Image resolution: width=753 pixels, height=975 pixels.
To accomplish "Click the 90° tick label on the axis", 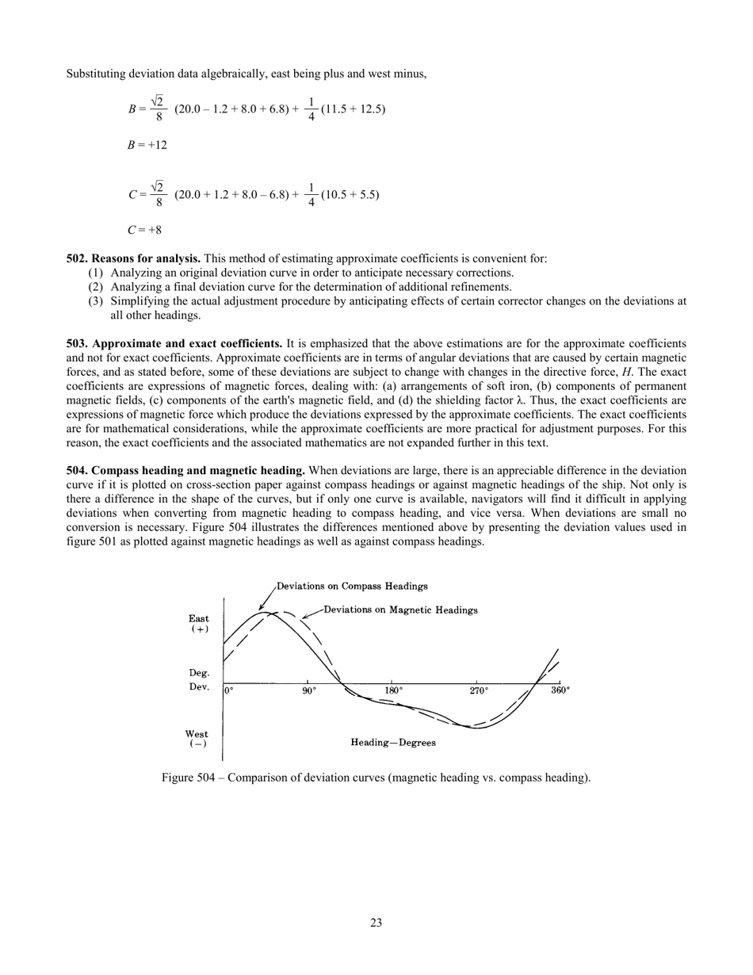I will pyautogui.click(x=309, y=690).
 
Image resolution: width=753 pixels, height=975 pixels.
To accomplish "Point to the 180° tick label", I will pyautogui.click(x=394, y=690).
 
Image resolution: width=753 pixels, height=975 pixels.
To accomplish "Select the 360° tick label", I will pyautogui.click(x=560, y=690).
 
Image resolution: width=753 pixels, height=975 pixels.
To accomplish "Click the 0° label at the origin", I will pyautogui.click(x=229, y=690).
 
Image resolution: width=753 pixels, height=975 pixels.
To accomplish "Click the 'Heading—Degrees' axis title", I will pyautogui.click(x=393, y=743).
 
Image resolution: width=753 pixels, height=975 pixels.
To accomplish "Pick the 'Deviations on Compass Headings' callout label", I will pyautogui.click(x=352, y=587).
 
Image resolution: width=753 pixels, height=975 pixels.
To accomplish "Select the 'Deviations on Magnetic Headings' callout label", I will pyautogui.click(x=400, y=610).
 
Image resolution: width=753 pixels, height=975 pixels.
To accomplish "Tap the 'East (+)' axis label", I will pyautogui.click(x=199, y=623).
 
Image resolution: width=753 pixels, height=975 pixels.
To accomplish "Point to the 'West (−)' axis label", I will pyautogui.click(x=197, y=739).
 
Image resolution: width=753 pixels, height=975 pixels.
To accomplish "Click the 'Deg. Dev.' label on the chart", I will pyautogui.click(x=199, y=679).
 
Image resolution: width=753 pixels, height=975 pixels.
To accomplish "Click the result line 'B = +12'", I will pyautogui.click(x=147, y=146).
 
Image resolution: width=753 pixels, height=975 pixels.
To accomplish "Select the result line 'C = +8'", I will pyautogui.click(x=144, y=230).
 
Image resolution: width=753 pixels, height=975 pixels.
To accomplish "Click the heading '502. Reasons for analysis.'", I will pyautogui.click(x=133, y=258).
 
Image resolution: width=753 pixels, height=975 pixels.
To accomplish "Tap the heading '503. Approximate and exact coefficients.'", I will pyautogui.click(x=174, y=344).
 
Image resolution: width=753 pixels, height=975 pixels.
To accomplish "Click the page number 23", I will pyautogui.click(x=376, y=922).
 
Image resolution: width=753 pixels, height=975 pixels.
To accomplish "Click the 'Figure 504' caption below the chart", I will pyautogui.click(x=376, y=778).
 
